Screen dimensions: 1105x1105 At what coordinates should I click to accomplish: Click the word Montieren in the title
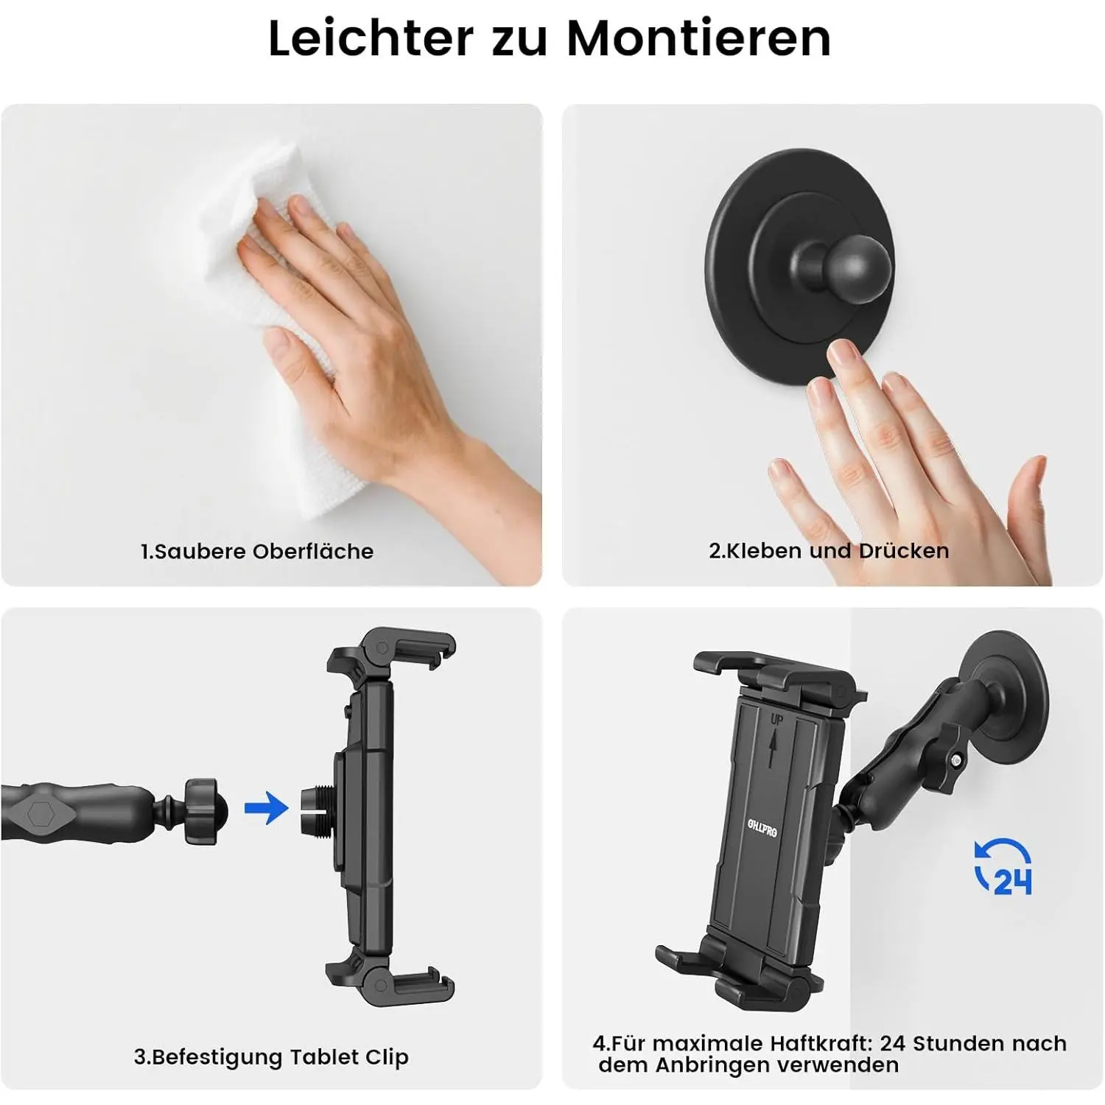(x=699, y=38)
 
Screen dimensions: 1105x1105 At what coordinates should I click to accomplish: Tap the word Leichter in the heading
(x=371, y=38)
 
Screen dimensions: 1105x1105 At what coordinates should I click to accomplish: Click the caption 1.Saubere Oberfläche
(x=257, y=551)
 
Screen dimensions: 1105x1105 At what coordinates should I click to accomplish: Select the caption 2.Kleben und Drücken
(x=829, y=550)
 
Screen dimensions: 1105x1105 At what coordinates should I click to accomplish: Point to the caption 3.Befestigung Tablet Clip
(x=271, y=1057)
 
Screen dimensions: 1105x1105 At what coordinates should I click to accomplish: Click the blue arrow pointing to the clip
(x=266, y=808)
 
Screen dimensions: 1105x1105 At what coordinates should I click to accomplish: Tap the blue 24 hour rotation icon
(x=1003, y=867)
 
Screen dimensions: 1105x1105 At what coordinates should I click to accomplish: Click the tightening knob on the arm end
(x=200, y=810)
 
